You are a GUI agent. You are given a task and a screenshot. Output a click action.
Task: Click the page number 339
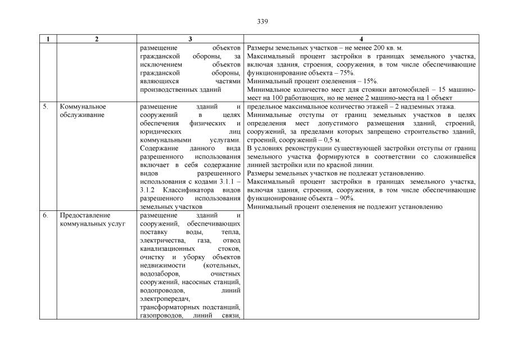262,21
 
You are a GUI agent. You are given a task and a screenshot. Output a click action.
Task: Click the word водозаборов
157,274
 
